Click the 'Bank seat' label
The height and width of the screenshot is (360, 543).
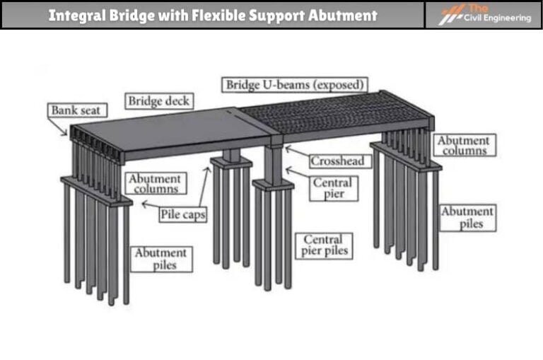[x=78, y=110]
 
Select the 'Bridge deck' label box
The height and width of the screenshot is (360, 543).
[x=159, y=101]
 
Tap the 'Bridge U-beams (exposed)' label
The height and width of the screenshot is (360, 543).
[x=296, y=85]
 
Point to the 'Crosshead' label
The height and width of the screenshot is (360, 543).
[x=337, y=161]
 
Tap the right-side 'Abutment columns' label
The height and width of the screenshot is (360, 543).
[x=463, y=145]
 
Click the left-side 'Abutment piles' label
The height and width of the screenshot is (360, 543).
[x=160, y=259]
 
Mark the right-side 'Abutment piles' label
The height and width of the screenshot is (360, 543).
[x=467, y=217]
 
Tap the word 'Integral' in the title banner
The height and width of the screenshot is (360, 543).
[x=77, y=15]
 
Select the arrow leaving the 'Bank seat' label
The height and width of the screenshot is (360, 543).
[x=60, y=126]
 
